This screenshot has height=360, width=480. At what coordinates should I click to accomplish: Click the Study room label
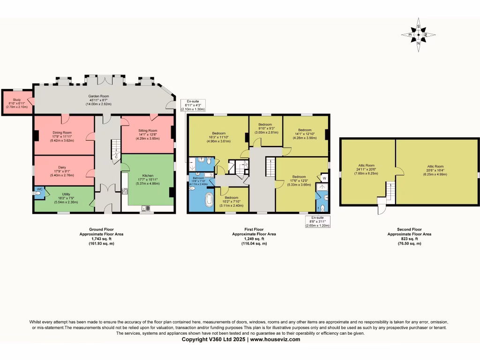click(x=17, y=100)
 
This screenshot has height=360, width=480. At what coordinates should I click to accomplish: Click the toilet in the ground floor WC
click(x=37, y=193)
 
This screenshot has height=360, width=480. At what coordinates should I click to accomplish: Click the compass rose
click(x=418, y=35)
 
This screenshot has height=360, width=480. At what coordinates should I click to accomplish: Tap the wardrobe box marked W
click(x=324, y=179)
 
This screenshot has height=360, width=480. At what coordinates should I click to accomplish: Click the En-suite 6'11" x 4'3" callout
click(x=193, y=104)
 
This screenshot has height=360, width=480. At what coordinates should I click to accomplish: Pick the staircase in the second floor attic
click(x=389, y=192)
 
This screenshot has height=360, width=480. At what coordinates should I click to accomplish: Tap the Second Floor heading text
click(x=409, y=229)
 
